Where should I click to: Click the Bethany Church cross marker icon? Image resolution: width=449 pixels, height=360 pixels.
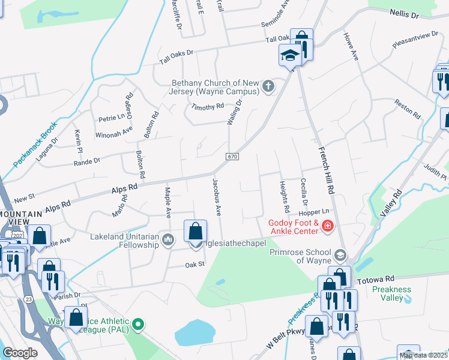click(268, 88)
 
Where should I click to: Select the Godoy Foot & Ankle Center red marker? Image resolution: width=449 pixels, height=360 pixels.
click(328, 226)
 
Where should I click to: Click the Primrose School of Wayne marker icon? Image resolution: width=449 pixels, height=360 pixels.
click(341, 256)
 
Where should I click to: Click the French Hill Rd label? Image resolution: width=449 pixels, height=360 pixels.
click(325, 170)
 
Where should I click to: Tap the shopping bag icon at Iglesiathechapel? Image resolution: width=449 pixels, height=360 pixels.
click(196, 231)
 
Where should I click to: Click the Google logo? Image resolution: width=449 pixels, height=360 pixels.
click(19, 353)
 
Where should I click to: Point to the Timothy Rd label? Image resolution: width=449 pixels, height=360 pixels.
click(207, 107)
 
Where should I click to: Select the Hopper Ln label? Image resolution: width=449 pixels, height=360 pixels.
click(315, 212)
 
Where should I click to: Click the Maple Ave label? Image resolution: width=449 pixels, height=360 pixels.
click(168, 203)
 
